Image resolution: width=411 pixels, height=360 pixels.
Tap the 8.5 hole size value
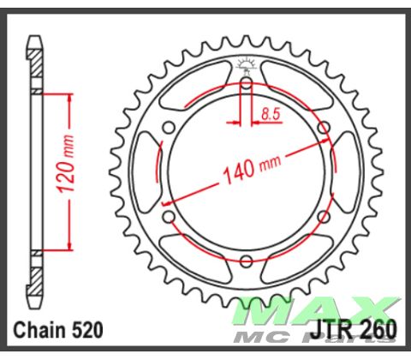click(271, 112)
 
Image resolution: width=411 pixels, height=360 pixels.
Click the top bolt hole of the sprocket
click(247, 84)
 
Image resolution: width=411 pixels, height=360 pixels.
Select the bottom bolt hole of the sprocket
click(247, 261)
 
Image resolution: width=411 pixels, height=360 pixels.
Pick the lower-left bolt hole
click(170, 217)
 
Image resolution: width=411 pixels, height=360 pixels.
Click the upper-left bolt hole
click(170, 128)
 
